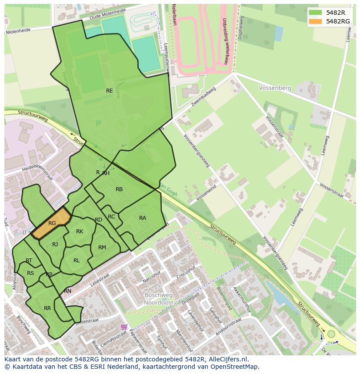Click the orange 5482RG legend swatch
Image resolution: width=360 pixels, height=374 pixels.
point(316,21)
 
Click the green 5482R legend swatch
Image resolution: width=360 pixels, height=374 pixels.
point(316,12)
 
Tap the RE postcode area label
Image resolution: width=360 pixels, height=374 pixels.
point(110,91)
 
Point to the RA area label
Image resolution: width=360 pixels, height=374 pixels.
point(143,218)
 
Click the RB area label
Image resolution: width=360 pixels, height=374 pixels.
point(119,189)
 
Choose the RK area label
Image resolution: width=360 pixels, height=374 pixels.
point(80,232)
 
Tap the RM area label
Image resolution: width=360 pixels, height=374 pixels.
point(102,248)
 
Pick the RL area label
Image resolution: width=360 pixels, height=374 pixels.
point(77,261)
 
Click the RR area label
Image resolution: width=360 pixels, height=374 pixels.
point(47,308)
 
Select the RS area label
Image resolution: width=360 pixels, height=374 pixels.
point(30,273)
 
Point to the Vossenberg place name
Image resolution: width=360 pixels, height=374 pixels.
point(275,88)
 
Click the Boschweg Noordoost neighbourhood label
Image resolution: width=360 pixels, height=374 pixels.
point(159,298)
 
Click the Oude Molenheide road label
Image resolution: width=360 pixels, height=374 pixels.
point(107,15)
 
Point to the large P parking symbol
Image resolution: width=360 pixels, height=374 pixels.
point(98,124)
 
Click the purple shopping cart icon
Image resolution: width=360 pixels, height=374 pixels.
point(125,327)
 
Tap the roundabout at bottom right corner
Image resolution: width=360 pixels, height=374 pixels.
point(331,334)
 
